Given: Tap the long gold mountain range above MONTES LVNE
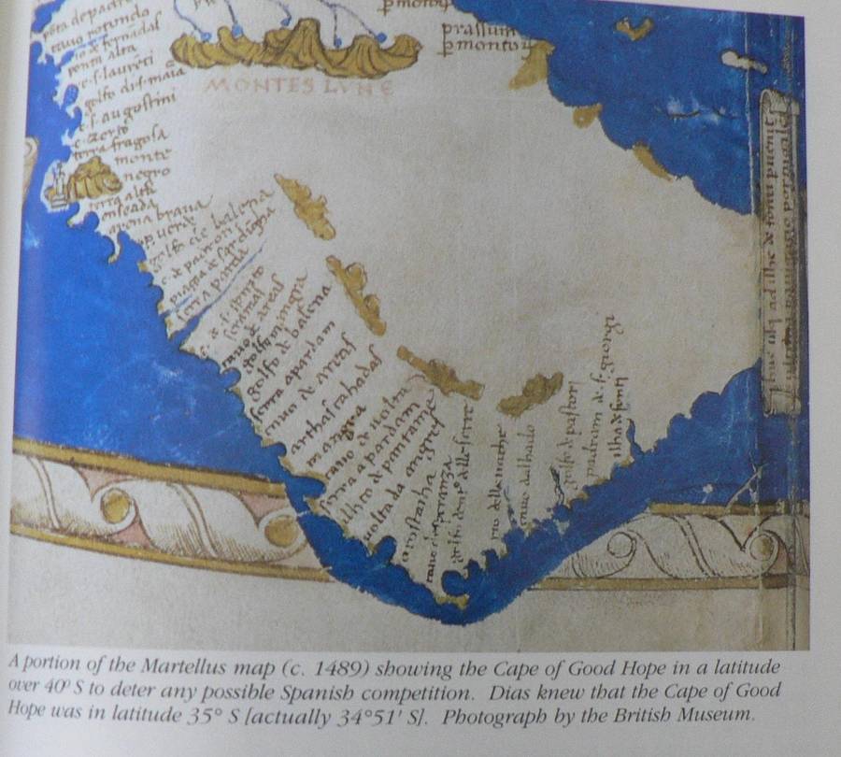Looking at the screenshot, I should [x=295, y=46].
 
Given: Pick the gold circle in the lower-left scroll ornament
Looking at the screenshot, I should [x=116, y=507].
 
